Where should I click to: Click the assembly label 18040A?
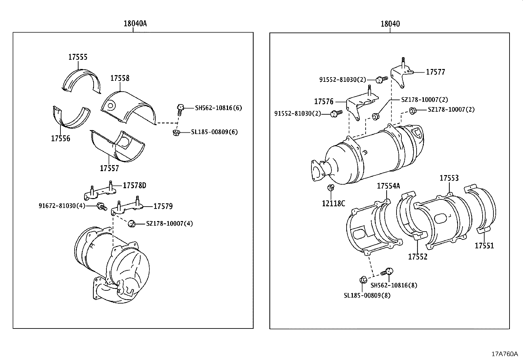[x=135, y=24]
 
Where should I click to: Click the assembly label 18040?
[x=390, y=24]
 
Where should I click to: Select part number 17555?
[x=78, y=57]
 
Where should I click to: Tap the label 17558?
[x=120, y=78]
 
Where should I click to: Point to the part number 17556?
[x=60, y=138]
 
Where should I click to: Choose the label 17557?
[x=109, y=169]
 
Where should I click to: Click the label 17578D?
[x=134, y=186]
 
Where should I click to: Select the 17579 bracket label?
[x=163, y=206]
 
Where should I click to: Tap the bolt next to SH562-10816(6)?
[x=180, y=108]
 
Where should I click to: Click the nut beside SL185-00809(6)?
[x=176, y=132]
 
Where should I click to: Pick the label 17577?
[x=435, y=72]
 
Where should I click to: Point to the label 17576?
[x=324, y=102]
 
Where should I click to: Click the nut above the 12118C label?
[x=331, y=188]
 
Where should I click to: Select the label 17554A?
[x=388, y=186]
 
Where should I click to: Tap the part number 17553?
[x=449, y=178]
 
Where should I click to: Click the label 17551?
[x=484, y=246]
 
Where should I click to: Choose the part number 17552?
[x=418, y=257]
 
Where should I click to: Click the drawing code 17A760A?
[x=504, y=354]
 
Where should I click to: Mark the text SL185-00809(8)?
[x=367, y=295]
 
